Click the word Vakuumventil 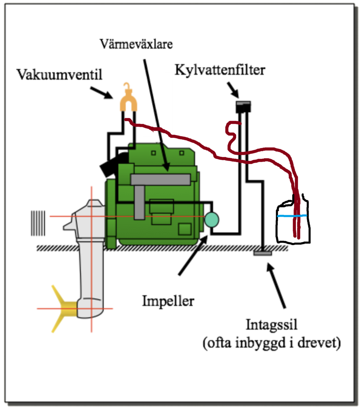coord(59,75)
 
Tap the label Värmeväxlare coord(137,43)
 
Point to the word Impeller coord(168,301)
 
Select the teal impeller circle coord(211,220)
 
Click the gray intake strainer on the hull coord(263,252)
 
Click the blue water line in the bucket coord(292,216)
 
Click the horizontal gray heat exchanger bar coord(160,180)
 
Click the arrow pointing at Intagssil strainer coord(277,286)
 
